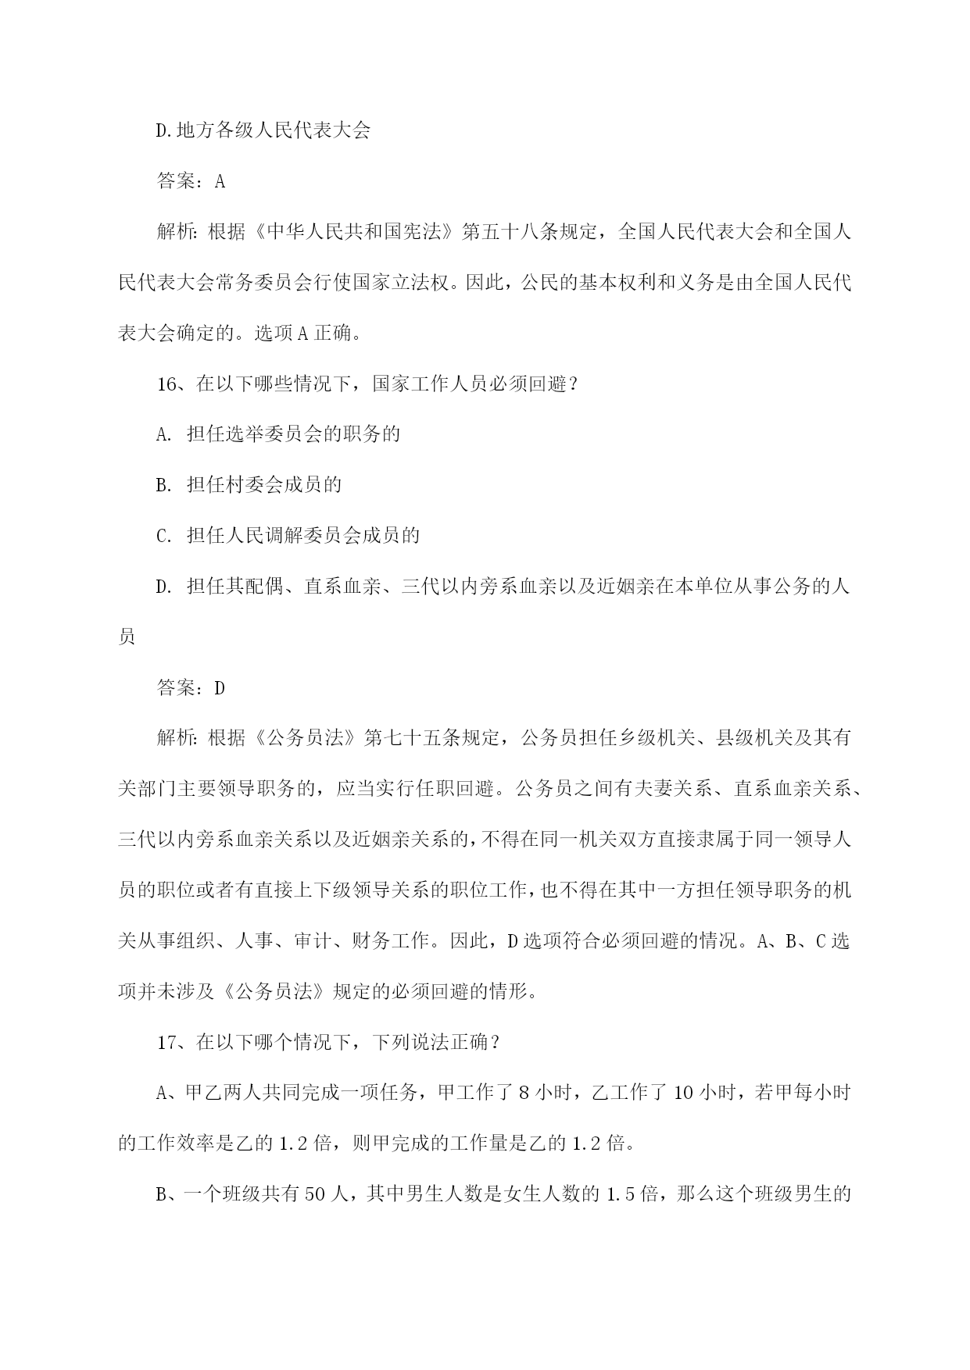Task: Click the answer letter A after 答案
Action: point(220,181)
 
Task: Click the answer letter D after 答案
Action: point(220,687)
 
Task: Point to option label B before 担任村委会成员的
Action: point(163,485)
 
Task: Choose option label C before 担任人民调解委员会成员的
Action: point(163,536)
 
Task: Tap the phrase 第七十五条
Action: point(413,738)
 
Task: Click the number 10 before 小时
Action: point(682,1094)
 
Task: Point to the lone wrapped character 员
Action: point(127,637)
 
